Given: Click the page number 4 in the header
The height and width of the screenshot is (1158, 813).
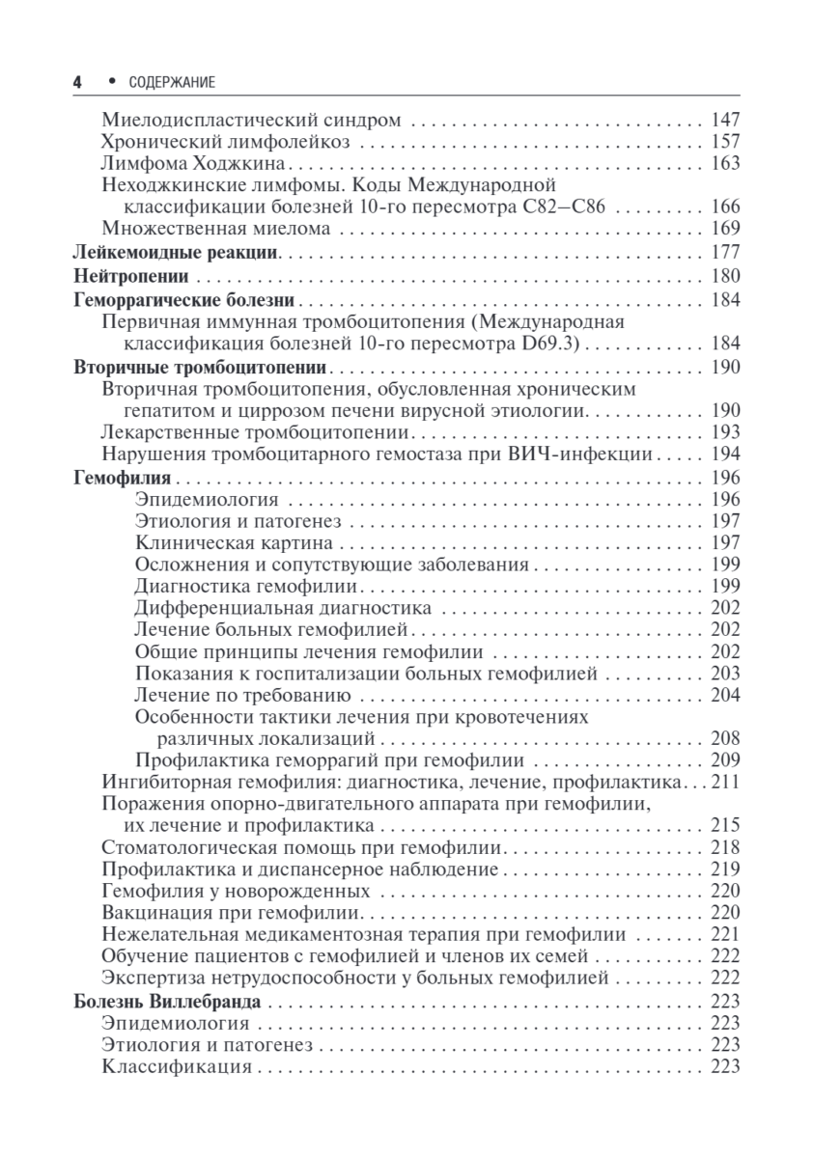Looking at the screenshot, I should click(77, 83).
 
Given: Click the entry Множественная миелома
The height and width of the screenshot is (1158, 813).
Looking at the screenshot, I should click(216, 229).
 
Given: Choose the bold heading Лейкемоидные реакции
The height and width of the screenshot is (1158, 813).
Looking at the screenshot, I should click(177, 254).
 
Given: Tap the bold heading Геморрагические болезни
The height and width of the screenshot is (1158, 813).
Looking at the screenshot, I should click(183, 299).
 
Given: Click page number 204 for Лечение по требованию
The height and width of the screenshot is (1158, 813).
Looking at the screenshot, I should click(724, 695).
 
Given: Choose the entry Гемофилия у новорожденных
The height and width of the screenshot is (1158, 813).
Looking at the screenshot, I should click(236, 891).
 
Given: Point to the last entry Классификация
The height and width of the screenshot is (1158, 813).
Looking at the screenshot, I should click(176, 1066).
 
